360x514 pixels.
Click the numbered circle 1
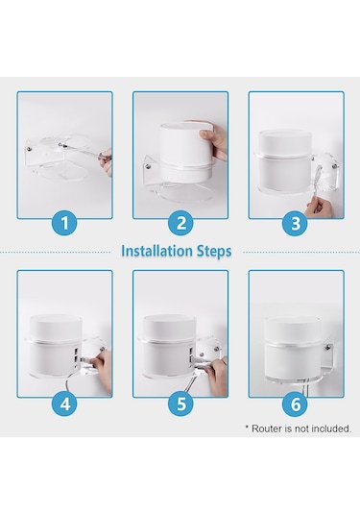click(65, 223)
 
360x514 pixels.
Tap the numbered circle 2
click(181, 223)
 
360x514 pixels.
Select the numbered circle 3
click(296, 223)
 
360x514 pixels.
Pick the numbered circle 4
click(65, 403)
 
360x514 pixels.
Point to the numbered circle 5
click(181, 403)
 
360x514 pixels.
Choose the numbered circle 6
click(296, 403)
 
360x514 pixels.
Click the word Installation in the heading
click(156, 251)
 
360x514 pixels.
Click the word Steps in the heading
click(214, 252)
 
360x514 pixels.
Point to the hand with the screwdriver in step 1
click(107, 161)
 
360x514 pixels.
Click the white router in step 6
click(293, 350)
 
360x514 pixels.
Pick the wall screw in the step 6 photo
click(326, 348)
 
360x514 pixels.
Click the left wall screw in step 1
click(30, 150)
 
